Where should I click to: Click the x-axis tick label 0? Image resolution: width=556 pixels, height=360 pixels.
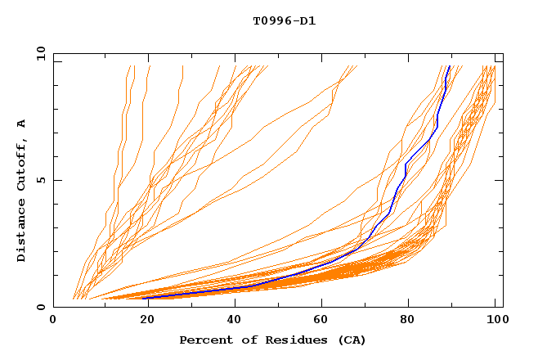tap(53, 321)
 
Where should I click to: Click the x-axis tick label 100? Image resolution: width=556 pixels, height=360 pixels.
tap(495, 321)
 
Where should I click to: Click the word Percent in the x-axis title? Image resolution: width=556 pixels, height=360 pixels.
tap(203, 340)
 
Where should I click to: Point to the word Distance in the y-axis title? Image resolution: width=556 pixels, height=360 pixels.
tap(22, 231)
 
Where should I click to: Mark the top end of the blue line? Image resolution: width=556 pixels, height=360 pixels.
tap(450, 66)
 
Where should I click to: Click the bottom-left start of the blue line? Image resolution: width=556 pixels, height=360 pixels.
tap(143, 298)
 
